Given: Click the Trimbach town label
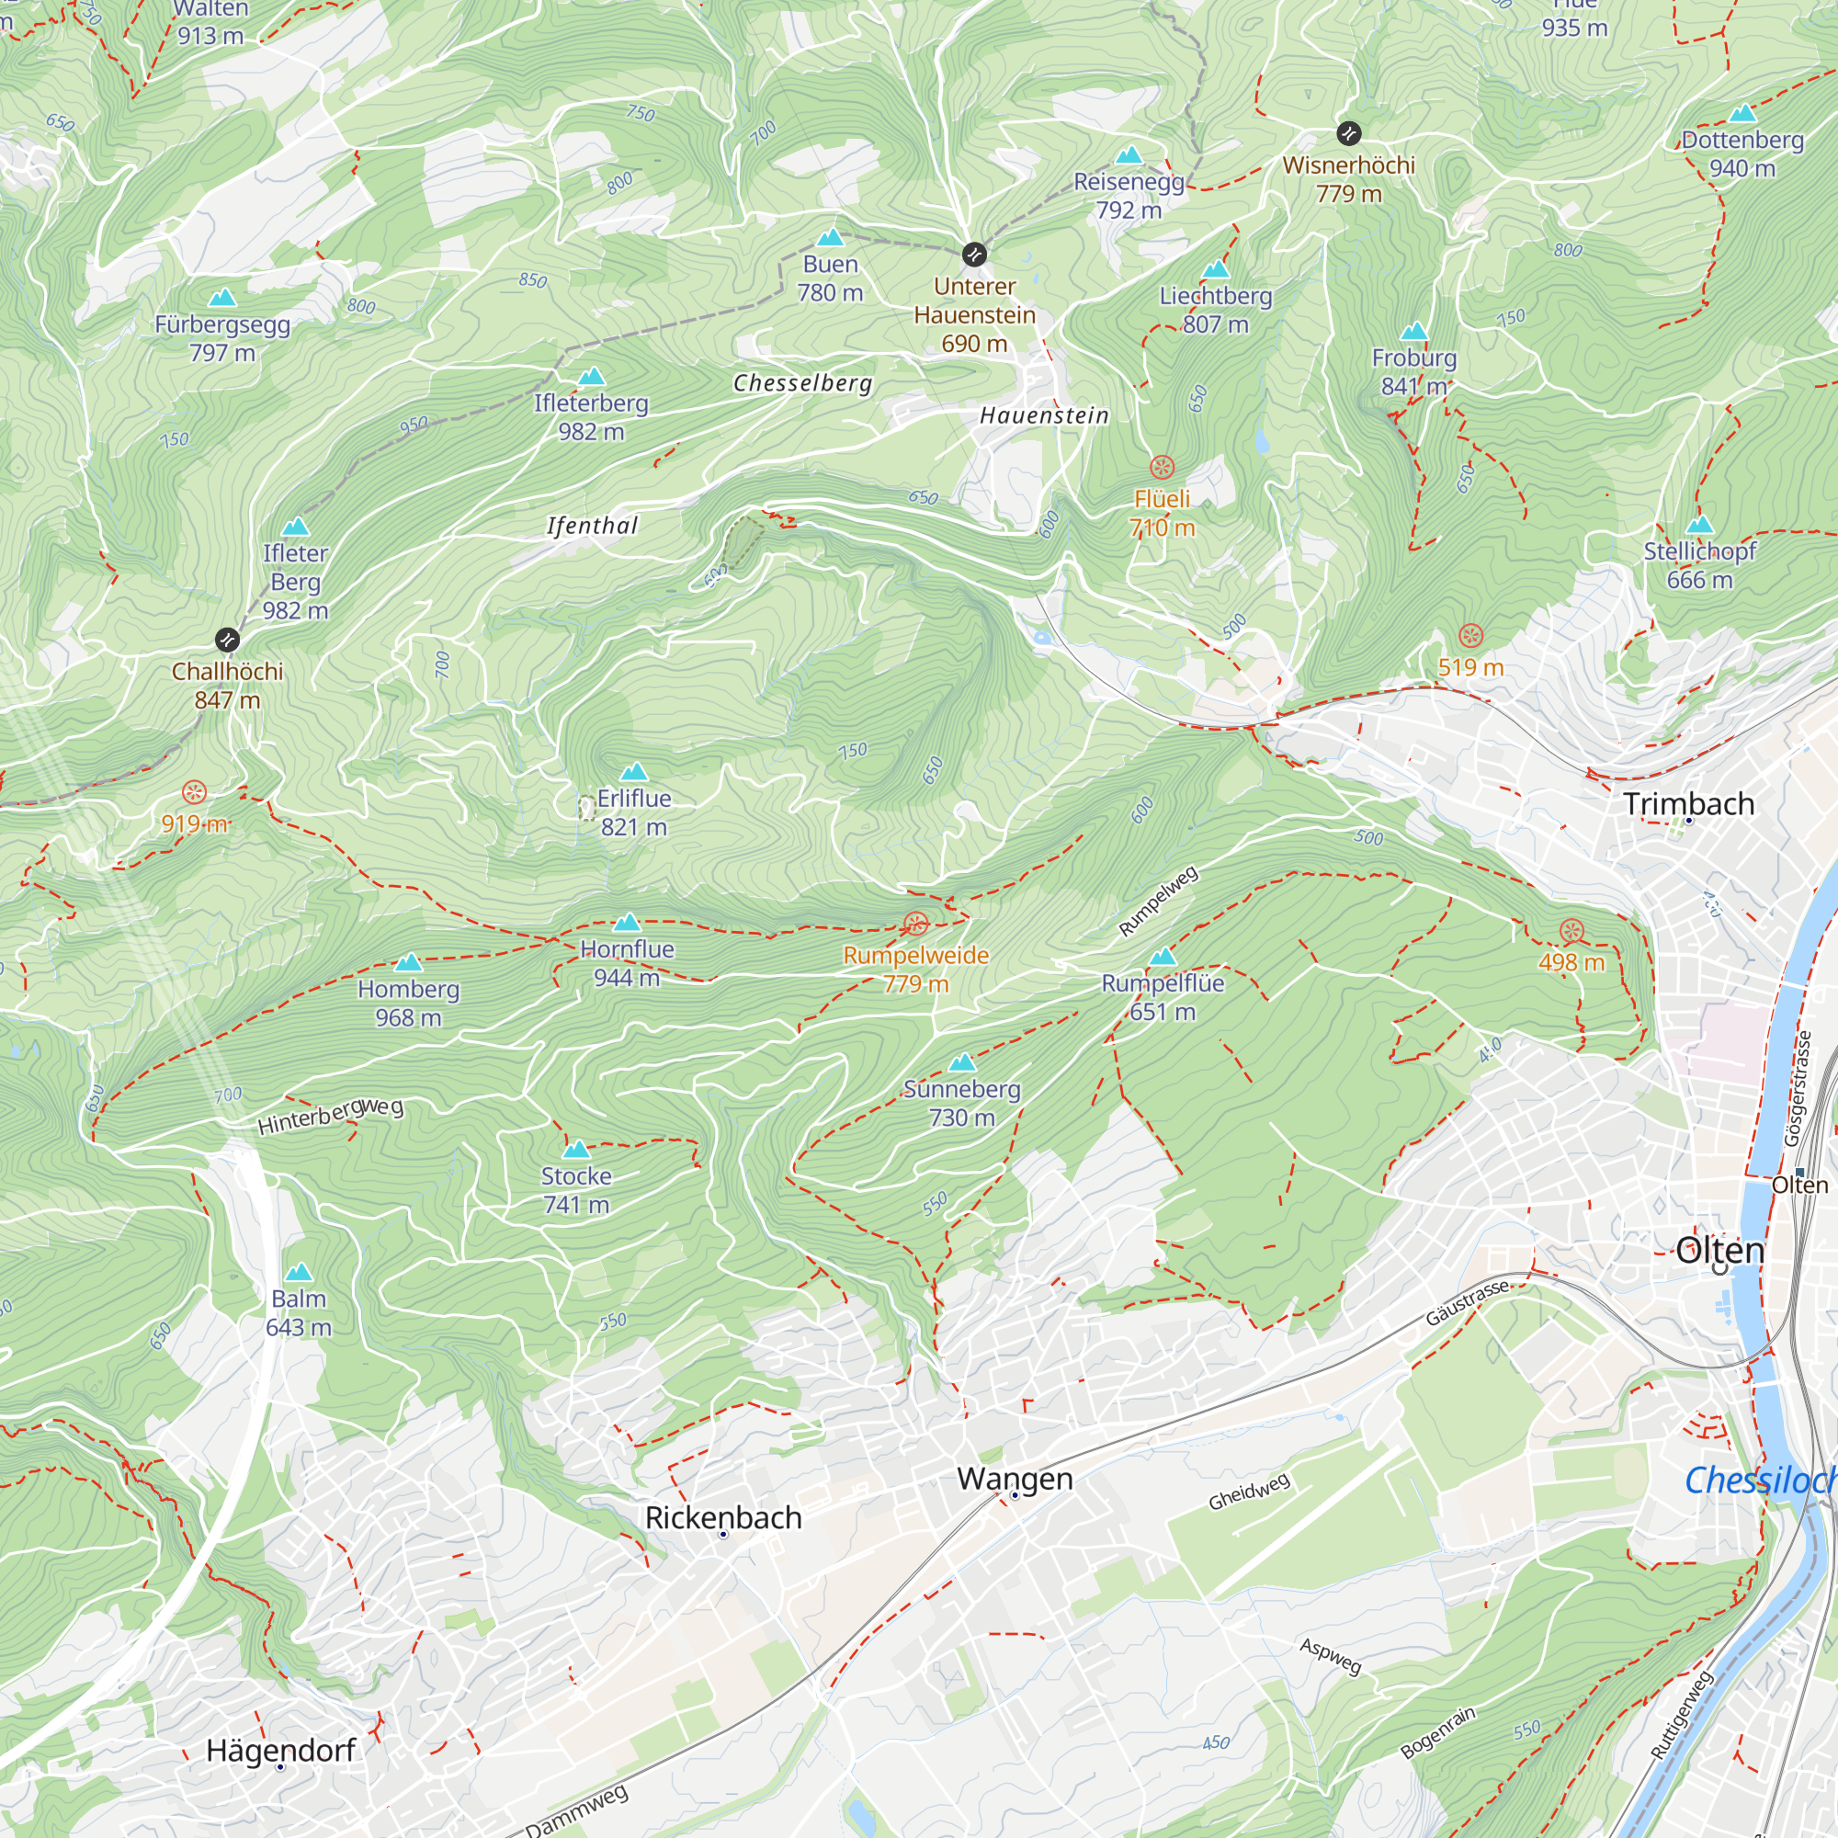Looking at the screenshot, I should (1688, 804).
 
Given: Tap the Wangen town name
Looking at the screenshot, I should (1015, 1479).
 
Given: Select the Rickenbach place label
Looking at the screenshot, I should (723, 1517).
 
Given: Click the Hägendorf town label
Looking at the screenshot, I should (280, 1751).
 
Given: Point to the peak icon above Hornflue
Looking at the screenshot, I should (627, 922).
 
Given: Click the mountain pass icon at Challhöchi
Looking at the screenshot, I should (226, 640).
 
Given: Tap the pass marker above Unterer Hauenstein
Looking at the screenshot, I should (974, 254).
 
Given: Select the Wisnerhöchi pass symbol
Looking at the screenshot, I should (1348, 133).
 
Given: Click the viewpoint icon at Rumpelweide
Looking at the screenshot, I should (915, 924).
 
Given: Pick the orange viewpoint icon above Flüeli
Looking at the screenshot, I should (1162, 467).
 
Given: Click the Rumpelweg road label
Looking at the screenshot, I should (1158, 901).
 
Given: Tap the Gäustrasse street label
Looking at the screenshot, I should (1467, 1303).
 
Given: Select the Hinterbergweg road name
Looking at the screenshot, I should (330, 1115).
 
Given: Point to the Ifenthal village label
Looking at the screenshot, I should (592, 526).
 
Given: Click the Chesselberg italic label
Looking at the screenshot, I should (802, 383).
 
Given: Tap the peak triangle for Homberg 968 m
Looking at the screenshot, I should (408, 962).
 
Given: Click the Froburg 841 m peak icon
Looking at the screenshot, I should (1413, 331).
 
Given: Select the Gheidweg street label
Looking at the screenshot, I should (1249, 1491).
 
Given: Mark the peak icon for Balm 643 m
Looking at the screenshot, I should (299, 1272).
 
